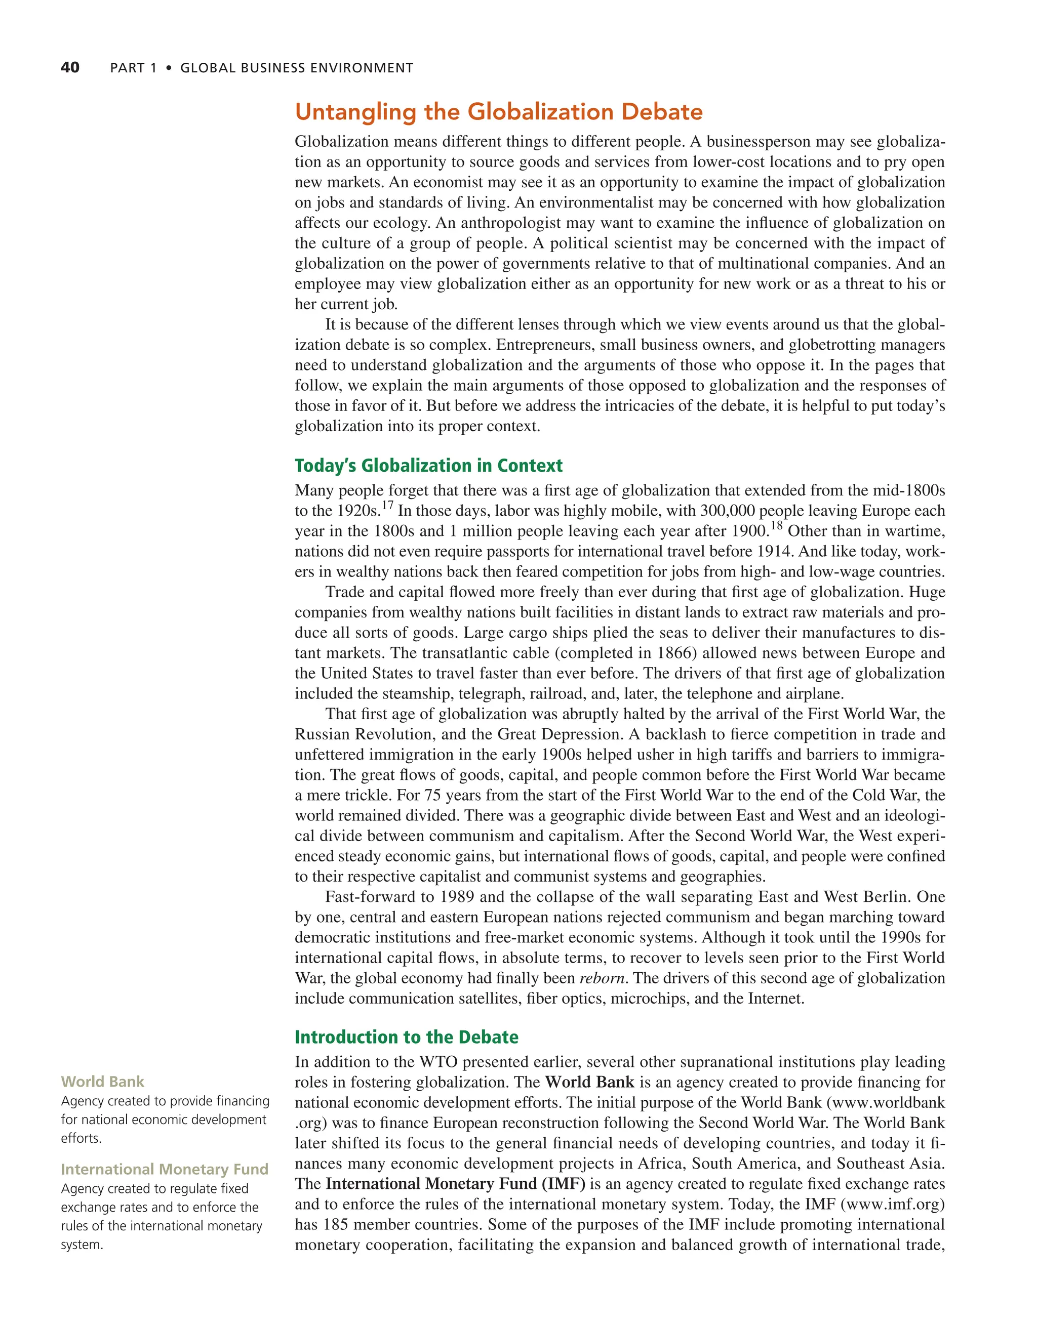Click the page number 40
coord(70,67)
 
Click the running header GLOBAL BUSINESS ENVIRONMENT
coord(296,68)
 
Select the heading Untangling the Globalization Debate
coord(498,112)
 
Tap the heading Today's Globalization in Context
coord(428,465)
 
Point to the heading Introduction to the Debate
coord(407,1037)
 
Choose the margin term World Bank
coord(102,1082)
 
